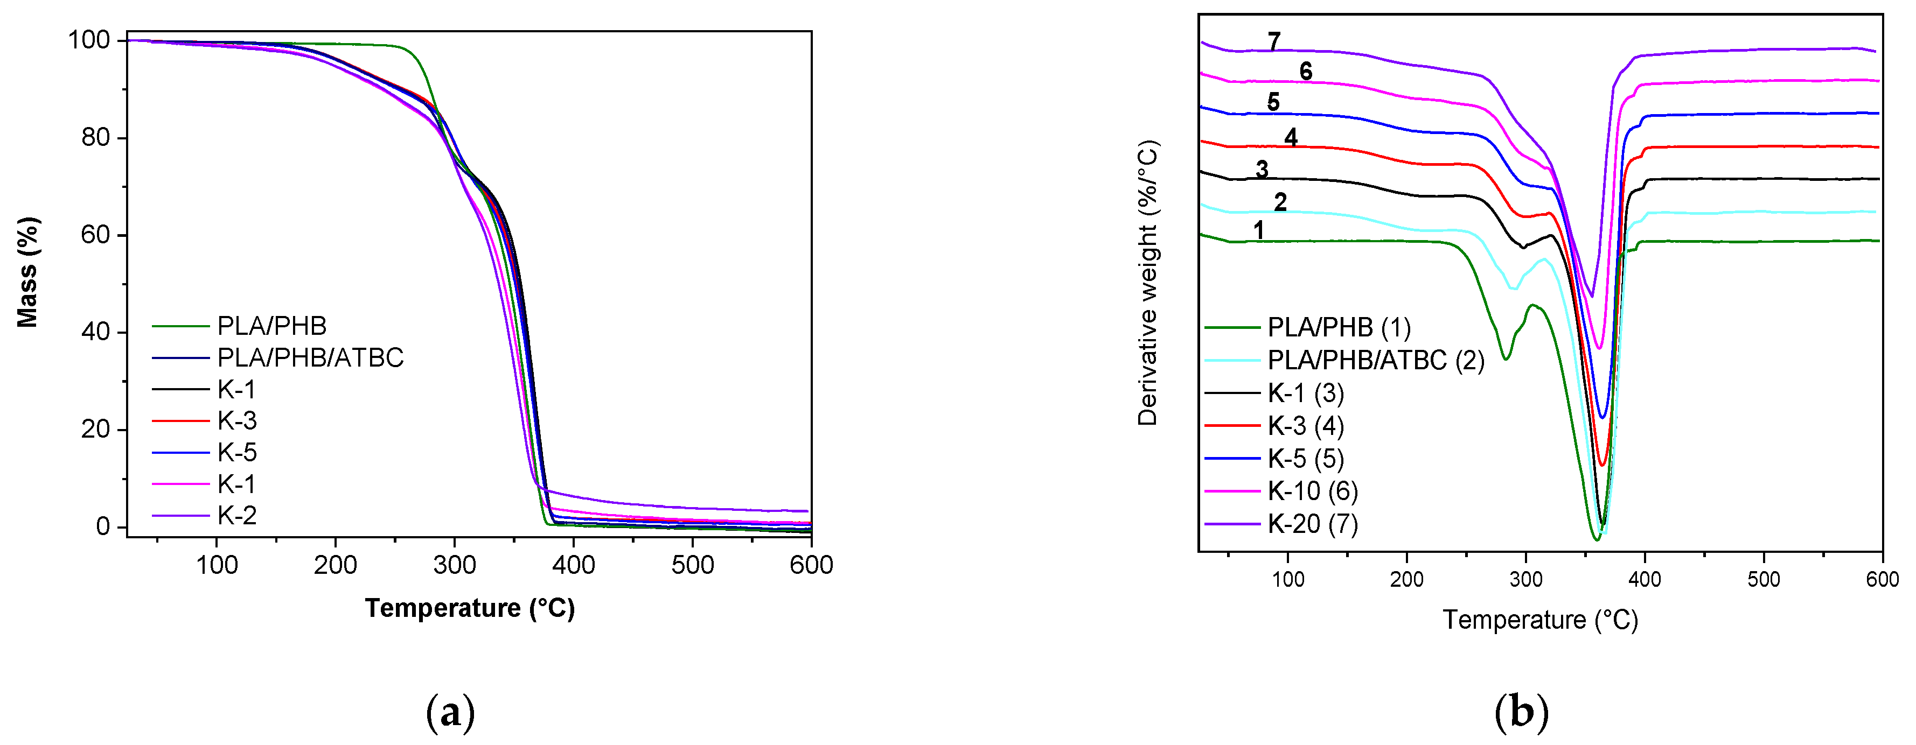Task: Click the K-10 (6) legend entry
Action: pos(1313,491)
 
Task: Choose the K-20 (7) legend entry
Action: pos(1313,524)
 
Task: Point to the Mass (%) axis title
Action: pos(27,272)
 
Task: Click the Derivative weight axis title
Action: pos(1148,283)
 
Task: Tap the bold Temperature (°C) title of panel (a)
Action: pos(469,608)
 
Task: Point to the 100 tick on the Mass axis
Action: pos(89,40)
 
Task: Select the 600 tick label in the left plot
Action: pos(811,565)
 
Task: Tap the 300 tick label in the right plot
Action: pos(1525,579)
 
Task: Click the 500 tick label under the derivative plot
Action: pos(1764,579)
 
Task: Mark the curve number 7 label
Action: pos(1274,41)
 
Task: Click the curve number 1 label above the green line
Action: pos(1258,230)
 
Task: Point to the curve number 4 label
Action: pos(1291,138)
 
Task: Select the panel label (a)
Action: pos(450,712)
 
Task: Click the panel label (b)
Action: pos(1521,712)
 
